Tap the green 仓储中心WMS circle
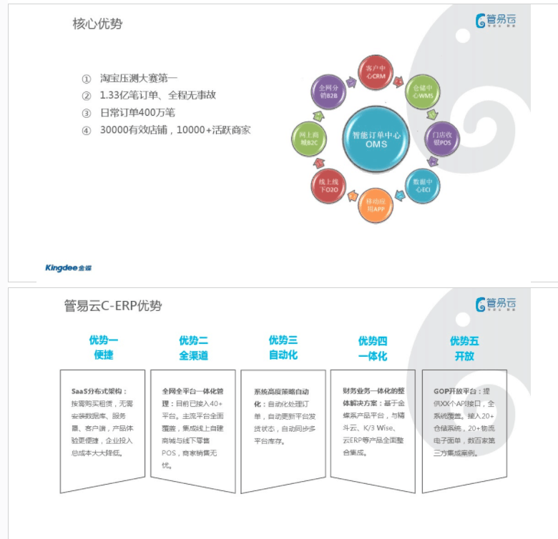[422, 92]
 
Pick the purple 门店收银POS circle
[441, 138]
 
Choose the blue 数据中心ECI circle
[422, 184]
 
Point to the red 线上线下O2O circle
[328, 186]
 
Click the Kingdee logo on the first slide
[69, 268]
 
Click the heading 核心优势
[97, 24]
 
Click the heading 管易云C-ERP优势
[113, 307]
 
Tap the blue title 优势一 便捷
[103, 347]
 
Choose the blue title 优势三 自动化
[283, 347]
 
